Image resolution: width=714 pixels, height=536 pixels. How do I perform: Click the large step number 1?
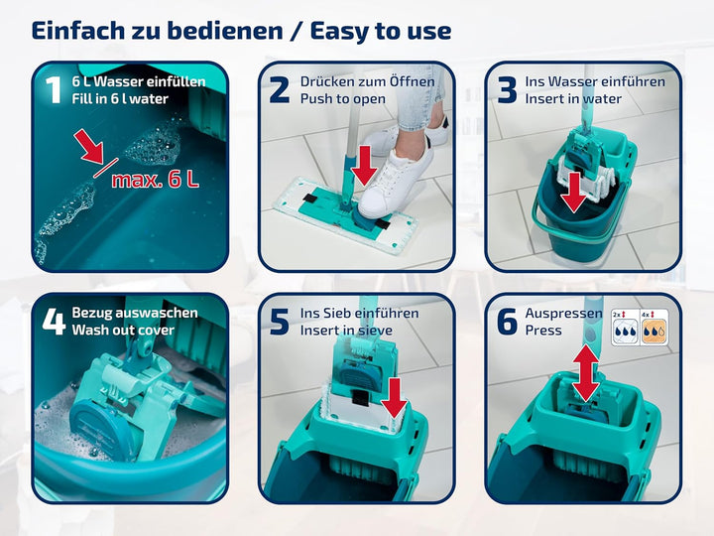[54, 89]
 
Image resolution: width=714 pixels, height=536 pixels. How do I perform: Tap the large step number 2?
[279, 89]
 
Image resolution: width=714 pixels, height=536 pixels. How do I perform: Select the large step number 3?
[507, 89]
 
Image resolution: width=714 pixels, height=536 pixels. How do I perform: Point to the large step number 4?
[55, 321]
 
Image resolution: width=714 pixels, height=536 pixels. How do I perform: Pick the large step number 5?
[279, 322]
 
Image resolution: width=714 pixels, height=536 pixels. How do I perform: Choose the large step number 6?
[508, 322]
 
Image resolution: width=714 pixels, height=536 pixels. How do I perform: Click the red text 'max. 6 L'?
[156, 180]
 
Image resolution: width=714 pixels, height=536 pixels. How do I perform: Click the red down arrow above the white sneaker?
[364, 166]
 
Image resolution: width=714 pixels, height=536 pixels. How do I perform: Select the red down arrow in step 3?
[573, 192]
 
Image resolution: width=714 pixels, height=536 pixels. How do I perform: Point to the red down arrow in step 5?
[394, 398]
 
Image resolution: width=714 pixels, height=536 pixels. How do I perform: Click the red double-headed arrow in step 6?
[586, 374]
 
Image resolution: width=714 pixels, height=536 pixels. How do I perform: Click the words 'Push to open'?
[343, 99]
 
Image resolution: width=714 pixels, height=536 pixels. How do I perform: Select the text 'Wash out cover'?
[123, 330]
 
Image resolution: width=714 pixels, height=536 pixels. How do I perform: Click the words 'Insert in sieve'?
[346, 330]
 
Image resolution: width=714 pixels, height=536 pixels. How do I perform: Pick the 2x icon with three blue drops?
[625, 327]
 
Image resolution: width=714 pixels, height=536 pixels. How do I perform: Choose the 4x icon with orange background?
[654, 327]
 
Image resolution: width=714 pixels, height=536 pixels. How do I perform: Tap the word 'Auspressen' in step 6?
[563, 314]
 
